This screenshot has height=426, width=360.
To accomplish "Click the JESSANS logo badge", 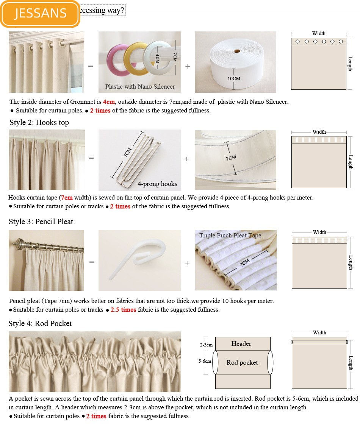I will click(40, 13).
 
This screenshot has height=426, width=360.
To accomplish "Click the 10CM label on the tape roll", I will click(234, 79).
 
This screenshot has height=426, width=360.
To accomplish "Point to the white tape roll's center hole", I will click(237, 51).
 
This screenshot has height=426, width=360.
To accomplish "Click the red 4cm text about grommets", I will click(108, 102).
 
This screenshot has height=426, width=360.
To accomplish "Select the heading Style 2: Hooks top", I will click(39, 123).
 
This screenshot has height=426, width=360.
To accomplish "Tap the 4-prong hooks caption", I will click(157, 184).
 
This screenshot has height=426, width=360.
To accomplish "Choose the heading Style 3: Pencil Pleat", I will click(41, 222).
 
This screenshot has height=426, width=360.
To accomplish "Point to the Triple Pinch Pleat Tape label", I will click(230, 236).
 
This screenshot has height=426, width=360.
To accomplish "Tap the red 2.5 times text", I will click(123, 310).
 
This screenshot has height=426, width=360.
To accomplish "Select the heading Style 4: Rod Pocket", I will click(40, 323).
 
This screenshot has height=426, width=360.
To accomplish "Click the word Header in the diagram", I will click(241, 344).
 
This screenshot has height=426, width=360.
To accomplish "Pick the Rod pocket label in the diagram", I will click(242, 363).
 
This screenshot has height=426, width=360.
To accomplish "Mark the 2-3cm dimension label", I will click(206, 345).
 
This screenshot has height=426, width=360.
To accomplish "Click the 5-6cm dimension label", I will click(205, 361).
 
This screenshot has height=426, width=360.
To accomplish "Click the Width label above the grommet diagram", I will click(319, 34).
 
